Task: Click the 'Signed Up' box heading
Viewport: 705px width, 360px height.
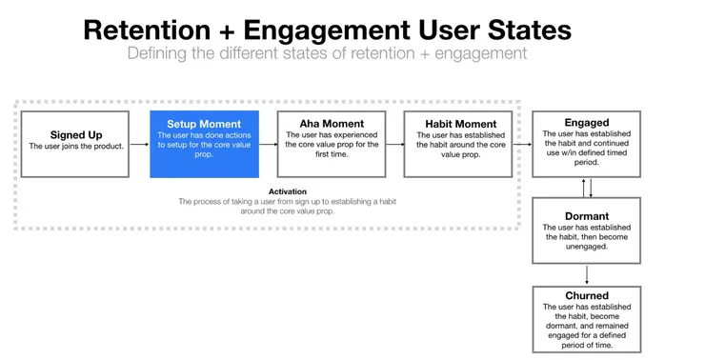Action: (75, 135)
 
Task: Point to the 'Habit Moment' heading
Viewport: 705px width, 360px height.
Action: (460, 124)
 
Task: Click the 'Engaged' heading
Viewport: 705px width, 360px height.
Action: (587, 123)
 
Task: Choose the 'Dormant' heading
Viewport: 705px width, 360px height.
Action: (587, 216)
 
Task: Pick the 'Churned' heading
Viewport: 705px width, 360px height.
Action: (587, 295)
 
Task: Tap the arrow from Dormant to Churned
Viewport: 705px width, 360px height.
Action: (587, 274)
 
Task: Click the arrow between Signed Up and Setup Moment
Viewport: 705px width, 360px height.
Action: (139, 144)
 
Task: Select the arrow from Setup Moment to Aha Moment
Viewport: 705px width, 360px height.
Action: (268, 144)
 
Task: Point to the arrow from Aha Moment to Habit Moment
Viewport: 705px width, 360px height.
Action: (394, 144)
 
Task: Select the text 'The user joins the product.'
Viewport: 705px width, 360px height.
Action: (75, 147)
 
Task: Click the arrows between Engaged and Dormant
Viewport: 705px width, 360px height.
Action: (587, 188)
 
